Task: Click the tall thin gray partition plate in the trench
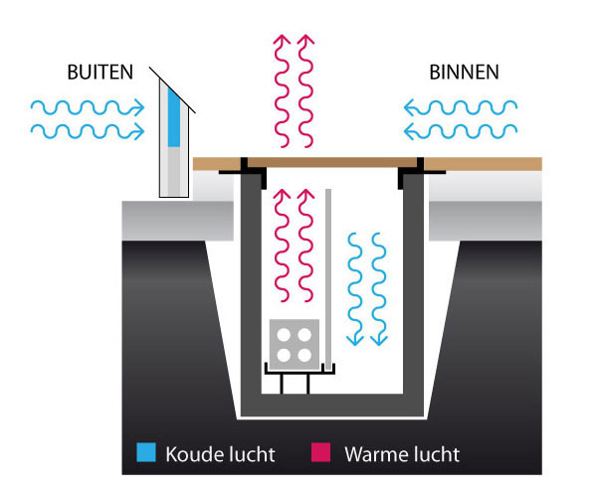tap(328, 268)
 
